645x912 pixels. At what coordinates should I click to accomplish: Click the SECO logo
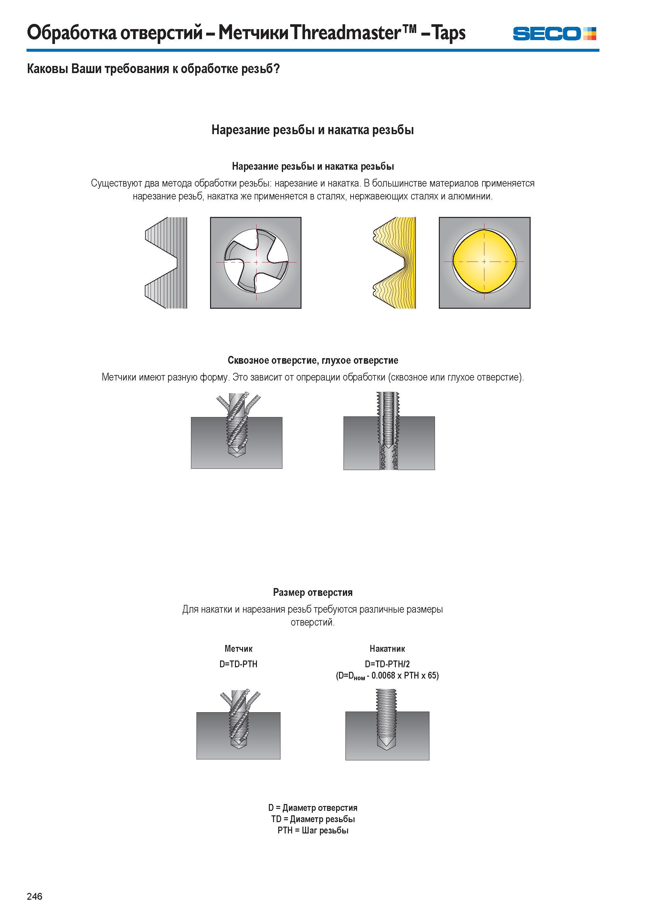pos(555,33)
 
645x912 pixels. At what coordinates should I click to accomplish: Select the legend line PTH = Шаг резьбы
pos(313,831)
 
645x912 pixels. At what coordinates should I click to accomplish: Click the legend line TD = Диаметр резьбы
pos(313,819)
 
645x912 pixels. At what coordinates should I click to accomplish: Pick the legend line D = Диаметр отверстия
pos(313,808)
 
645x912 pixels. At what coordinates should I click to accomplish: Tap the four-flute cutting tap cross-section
pos(256,262)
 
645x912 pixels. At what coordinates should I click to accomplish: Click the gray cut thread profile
pos(166,263)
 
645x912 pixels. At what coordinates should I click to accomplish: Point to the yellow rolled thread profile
pos(394,263)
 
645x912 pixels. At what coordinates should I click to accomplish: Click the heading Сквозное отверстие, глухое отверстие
pos(313,360)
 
